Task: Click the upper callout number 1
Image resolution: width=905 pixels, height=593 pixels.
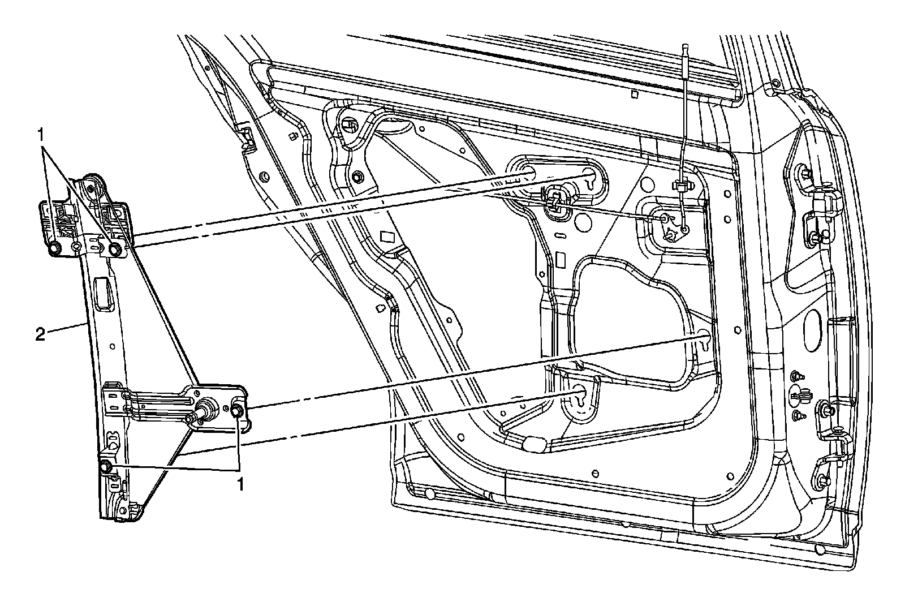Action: point(41,134)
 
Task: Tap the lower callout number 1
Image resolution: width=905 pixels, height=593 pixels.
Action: point(240,484)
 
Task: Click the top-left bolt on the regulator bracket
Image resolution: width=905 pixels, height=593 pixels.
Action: point(55,248)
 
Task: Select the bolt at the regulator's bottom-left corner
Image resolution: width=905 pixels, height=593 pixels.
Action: point(105,467)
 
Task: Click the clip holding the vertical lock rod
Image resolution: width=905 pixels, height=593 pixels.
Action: point(680,184)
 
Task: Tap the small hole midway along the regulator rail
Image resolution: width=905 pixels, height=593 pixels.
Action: point(113,346)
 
